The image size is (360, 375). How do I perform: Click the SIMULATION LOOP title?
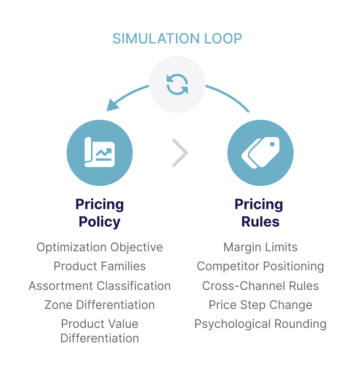(177, 39)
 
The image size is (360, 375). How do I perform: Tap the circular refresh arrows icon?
(177, 84)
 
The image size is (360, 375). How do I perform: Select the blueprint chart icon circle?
(99, 153)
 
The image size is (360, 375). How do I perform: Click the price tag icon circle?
(260, 153)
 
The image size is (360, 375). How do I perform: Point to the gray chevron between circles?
(180, 153)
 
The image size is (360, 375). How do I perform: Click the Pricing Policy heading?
(99, 213)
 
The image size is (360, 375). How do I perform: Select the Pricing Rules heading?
(259, 213)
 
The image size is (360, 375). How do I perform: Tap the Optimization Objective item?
(99, 247)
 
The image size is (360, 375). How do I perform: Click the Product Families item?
(99, 266)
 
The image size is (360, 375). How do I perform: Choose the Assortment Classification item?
(99, 286)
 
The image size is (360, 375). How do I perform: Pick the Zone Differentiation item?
(99, 305)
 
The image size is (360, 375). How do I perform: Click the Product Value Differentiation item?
(99, 331)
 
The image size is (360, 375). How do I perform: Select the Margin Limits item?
(260, 247)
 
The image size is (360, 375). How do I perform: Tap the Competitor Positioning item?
(260, 266)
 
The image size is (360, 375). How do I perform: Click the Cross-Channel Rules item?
(260, 286)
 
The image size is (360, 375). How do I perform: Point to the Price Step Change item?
(260, 305)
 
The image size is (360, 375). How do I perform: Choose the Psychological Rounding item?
(260, 324)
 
